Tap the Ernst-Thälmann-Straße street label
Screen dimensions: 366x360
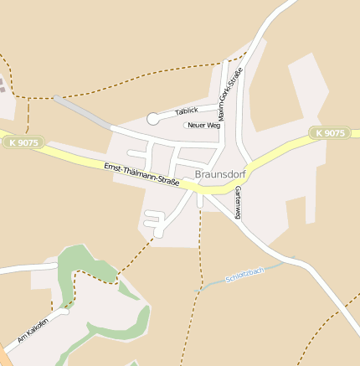coord(141,175)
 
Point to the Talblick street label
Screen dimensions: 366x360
coord(187,111)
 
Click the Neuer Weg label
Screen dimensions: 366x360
coord(204,126)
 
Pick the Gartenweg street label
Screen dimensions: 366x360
coord(238,203)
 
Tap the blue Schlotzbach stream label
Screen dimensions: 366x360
coord(244,274)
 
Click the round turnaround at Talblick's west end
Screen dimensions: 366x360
coord(152,119)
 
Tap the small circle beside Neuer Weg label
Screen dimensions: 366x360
coord(186,126)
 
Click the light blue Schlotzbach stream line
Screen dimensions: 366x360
coord(209,287)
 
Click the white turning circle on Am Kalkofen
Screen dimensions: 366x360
coord(64,312)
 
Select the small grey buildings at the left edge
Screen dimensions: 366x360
coord(3,86)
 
